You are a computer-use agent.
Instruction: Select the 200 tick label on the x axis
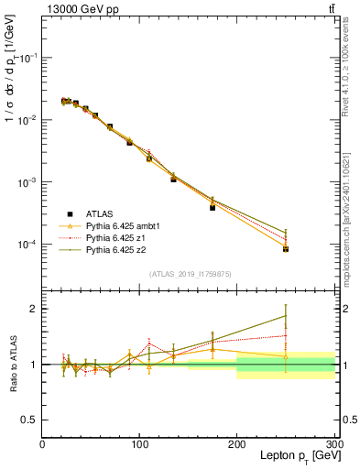tap(237, 444)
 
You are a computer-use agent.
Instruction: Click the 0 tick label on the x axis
tap(42, 444)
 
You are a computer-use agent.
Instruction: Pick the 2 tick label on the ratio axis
tap(32, 309)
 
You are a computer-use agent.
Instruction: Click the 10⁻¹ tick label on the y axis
tap(27, 58)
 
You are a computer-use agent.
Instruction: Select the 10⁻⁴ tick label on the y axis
tap(27, 245)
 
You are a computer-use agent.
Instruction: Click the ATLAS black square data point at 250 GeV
tap(286, 248)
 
